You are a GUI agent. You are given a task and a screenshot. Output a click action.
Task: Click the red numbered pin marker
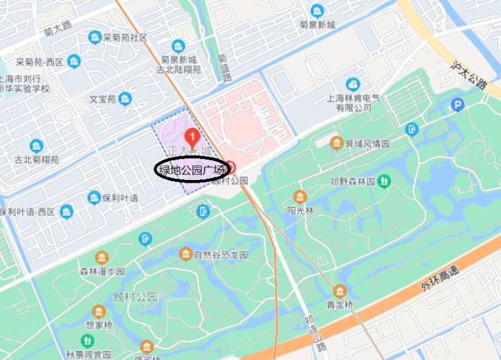click(190, 136)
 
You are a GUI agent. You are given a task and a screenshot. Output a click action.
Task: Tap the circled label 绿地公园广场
click(192, 170)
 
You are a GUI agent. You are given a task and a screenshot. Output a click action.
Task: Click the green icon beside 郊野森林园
click(384, 181)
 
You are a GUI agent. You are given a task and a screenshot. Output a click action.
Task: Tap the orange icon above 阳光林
click(300, 197)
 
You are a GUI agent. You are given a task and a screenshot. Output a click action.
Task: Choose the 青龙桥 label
click(340, 305)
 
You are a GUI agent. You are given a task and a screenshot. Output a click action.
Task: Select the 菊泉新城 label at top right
click(317, 25)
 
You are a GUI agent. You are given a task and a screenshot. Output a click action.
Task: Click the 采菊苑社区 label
click(125, 38)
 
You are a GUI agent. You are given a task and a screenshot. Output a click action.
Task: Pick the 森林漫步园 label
click(101, 271)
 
